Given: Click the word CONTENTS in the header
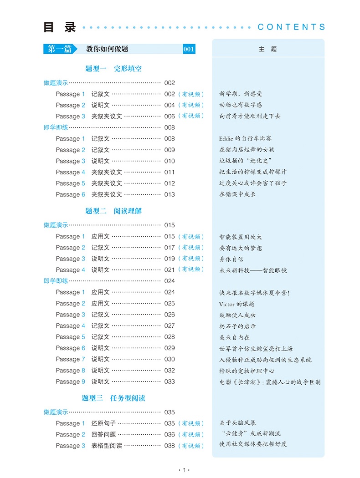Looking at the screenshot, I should click(x=292, y=27).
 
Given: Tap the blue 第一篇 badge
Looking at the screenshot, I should click(x=60, y=49).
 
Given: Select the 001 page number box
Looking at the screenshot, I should click(x=189, y=49).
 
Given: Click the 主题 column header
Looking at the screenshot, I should click(x=267, y=49).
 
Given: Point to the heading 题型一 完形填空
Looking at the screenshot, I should click(x=113, y=69).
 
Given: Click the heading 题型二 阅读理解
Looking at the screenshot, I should click(x=113, y=211).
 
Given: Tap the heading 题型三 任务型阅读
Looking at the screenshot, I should click(x=113, y=398).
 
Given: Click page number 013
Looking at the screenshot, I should click(x=170, y=194).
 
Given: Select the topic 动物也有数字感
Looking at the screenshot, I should click(x=241, y=105).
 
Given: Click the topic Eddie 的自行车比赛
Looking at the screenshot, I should click(x=245, y=138).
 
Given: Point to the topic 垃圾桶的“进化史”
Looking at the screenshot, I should click(x=245, y=161).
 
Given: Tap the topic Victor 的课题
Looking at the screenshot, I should click(x=237, y=304).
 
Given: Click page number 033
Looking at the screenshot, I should click(x=170, y=381).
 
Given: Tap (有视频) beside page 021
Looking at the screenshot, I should click(x=191, y=270).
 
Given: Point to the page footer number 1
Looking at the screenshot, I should click(x=182, y=469).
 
